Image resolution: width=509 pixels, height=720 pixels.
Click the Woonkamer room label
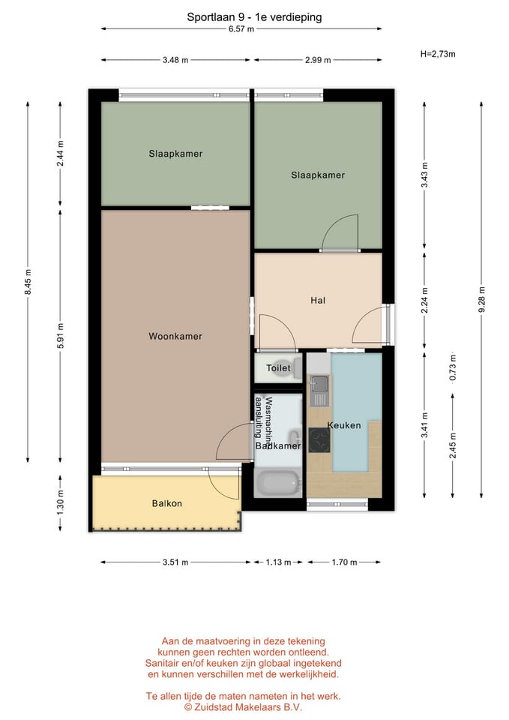click(x=175, y=336)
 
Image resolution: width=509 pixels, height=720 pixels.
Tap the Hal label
click(x=318, y=300)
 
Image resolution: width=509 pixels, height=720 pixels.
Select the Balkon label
click(x=167, y=503)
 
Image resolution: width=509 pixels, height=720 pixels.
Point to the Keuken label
click(x=344, y=425)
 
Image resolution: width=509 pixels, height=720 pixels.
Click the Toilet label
click(x=278, y=367)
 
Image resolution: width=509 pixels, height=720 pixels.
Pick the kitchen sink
click(x=319, y=383)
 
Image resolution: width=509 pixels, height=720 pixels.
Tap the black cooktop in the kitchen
click(x=319, y=440)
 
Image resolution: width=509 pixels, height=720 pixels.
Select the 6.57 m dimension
click(x=241, y=29)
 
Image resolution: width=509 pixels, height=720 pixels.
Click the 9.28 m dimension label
click(x=481, y=300)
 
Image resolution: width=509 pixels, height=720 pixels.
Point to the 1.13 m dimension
click(x=278, y=562)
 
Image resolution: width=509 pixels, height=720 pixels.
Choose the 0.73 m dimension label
click(x=453, y=367)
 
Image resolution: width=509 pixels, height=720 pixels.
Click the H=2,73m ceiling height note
click(x=438, y=54)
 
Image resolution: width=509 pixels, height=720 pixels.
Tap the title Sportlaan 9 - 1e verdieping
click(x=254, y=17)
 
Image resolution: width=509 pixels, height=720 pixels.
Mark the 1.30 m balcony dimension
click(x=60, y=502)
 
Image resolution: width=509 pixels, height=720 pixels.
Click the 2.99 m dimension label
click(x=318, y=60)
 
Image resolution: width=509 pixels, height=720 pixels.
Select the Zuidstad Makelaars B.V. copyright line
click(x=243, y=707)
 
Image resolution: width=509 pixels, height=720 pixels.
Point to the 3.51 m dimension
click(x=175, y=562)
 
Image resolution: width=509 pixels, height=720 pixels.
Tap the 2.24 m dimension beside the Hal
click(x=424, y=300)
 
